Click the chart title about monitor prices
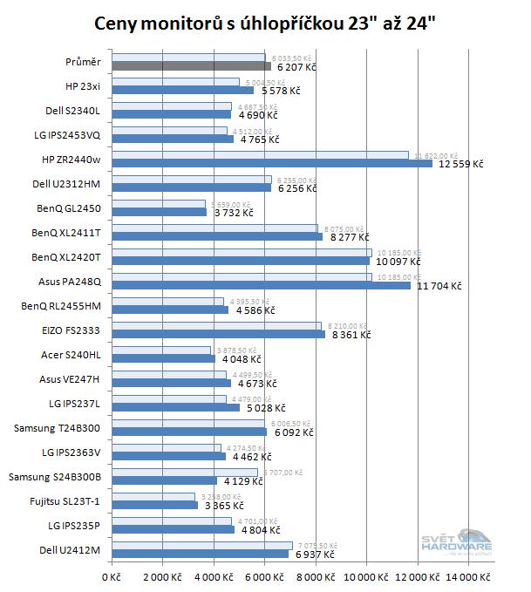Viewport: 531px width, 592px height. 265,22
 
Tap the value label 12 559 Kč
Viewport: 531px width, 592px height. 460,164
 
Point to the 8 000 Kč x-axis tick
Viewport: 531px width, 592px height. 317,577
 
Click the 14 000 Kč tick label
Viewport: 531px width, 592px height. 468,577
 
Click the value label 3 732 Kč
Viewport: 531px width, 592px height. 230,213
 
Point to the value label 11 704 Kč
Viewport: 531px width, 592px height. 439,286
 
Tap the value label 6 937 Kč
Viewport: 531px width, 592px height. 315,554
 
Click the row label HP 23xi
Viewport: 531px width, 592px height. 83,86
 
